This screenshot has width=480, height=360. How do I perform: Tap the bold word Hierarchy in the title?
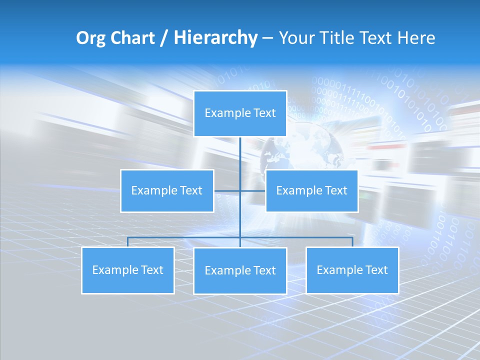215,38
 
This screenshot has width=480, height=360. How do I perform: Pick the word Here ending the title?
416,38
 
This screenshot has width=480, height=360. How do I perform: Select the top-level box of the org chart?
240,113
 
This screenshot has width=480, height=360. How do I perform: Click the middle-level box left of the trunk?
167,191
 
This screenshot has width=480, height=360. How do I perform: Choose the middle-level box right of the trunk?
311,191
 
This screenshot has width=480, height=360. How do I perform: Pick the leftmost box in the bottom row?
128,270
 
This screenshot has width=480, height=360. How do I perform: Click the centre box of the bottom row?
240,271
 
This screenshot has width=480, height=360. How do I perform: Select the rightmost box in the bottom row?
352,270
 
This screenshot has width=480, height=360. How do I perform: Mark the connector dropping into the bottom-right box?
352,242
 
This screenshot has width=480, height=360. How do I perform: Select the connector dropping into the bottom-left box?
128,242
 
